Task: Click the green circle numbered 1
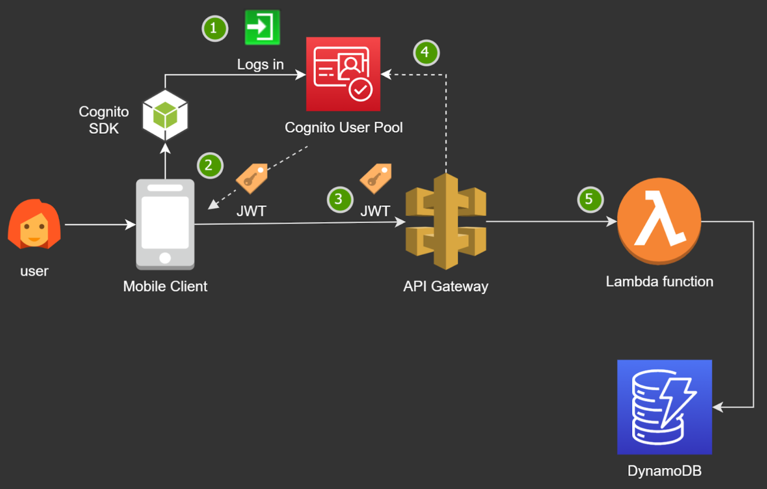(x=215, y=28)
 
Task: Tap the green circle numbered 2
(x=210, y=165)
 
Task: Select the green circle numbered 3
(x=340, y=199)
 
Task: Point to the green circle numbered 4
(x=426, y=52)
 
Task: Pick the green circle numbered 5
(x=590, y=199)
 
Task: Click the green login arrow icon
(x=262, y=27)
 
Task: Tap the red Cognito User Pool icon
(x=343, y=74)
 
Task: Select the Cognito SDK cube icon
(x=165, y=115)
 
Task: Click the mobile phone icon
(x=165, y=224)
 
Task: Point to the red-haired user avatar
(x=34, y=225)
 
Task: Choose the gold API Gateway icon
(x=446, y=221)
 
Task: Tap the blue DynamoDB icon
(x=664, y=407)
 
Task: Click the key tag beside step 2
(x=252, y=178)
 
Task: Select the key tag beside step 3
(x=376, y=178)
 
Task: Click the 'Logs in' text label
(x=260, y=65)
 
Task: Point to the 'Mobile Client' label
(x=165, y=287)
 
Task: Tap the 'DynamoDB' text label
(x=664, y=471)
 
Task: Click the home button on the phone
(x=165, y=258)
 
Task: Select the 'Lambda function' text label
(x=659, y=282)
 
